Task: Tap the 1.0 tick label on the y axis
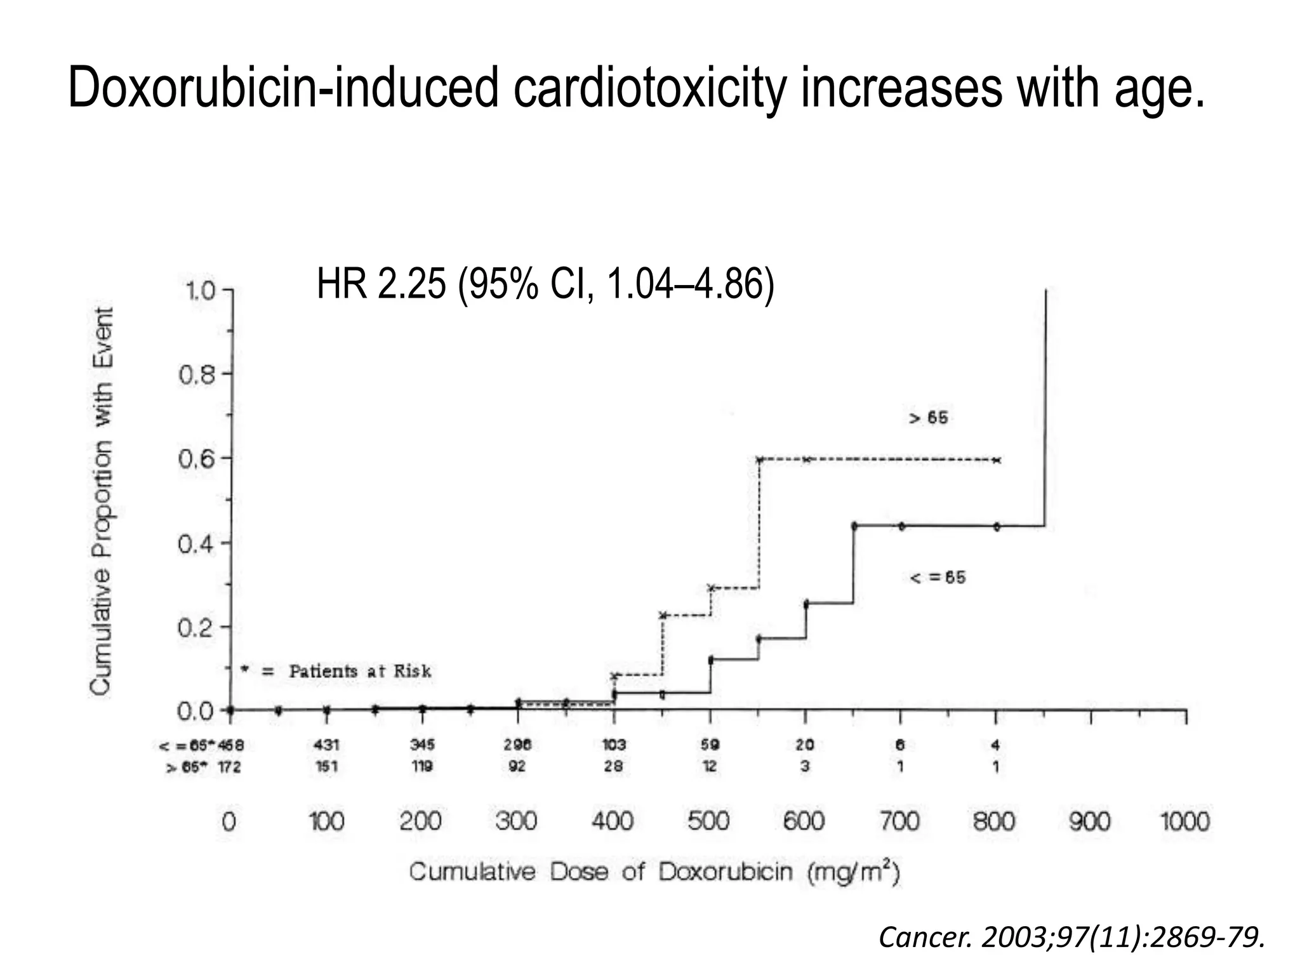click(x=199, y=291)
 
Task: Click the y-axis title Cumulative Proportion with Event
click(x=102, y=501)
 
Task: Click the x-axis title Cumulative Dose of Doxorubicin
click(x=654, y=872)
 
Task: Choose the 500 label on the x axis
click(x=708, y=822)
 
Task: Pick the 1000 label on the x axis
click(x=1184, y=822)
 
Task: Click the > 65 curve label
click(x=929, y=418)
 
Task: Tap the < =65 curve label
click(x=938, y=578)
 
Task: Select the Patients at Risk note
click(x=359, y=672)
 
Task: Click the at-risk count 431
click(x=327, y=745)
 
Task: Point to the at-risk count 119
click(x=421, y=767)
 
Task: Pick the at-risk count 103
click(x=613, y=745)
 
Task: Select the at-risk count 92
click(x=517, y=767)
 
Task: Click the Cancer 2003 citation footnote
click(x=1071, y=938)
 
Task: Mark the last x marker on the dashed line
click(x=997, y=460)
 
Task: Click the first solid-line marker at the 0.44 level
click(x=854, y=526)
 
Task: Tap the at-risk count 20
click(x=805, y=745)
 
